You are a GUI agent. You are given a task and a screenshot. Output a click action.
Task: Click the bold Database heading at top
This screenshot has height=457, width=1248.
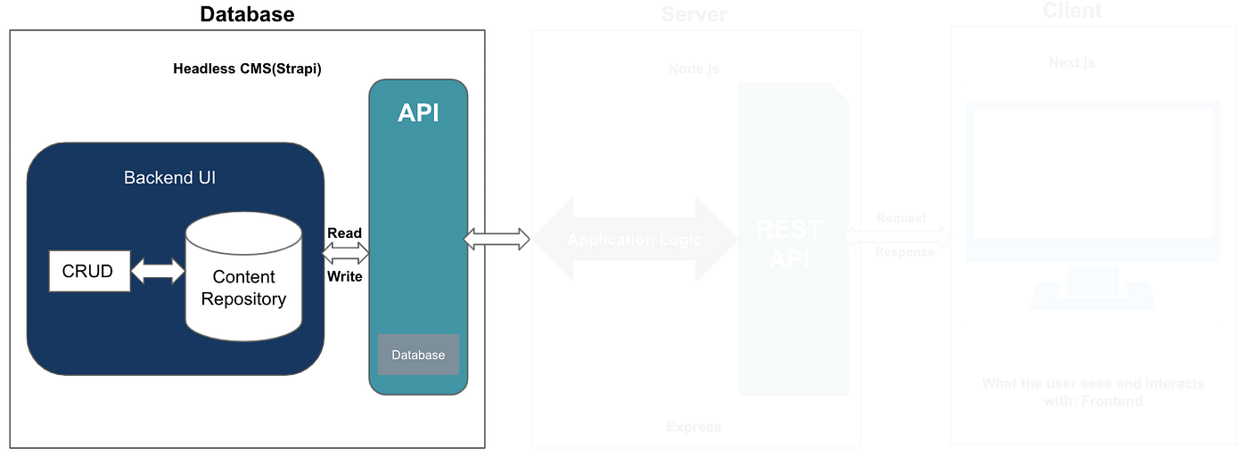tap(247, 14)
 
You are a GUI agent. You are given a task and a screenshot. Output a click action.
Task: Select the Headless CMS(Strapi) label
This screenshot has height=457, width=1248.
tap(247, 69)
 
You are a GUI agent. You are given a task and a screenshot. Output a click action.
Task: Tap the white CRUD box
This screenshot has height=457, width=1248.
tap(88, 271)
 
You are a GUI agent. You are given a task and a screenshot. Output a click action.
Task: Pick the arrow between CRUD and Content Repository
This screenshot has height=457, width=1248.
tap(158, 272)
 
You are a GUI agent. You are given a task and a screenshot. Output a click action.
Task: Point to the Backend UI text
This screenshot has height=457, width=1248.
tap(169, 178)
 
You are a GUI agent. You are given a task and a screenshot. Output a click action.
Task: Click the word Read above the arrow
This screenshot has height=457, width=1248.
tap(344, 233)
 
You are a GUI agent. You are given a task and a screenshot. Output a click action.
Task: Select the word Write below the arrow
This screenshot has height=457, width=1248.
tap(344, 276)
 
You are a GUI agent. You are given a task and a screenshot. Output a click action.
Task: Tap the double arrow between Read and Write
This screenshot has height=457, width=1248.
tap(345, 255)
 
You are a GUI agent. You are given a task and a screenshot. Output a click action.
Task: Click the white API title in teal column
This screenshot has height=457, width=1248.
tap(418, 114)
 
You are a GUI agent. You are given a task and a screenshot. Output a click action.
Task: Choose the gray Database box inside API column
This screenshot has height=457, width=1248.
tap(418, 355)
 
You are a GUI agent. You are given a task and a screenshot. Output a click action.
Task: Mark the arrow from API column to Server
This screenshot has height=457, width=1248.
tap(497, 238)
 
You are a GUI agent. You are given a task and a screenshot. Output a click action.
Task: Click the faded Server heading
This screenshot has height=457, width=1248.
tap(694, 15)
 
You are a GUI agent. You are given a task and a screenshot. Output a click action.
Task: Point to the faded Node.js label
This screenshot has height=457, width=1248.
tap(694, 69)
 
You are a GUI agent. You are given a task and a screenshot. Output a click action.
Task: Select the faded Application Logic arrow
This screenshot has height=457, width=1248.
tap(635, 240)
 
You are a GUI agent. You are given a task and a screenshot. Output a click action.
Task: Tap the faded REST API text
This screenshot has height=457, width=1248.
tap(788, 243)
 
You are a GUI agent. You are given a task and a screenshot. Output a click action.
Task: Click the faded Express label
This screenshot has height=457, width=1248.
tap(694, 427)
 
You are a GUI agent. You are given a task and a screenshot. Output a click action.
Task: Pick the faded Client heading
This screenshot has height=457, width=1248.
tap(1072, 12)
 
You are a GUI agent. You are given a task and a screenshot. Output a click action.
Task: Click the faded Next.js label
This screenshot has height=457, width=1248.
tap(1072, 63)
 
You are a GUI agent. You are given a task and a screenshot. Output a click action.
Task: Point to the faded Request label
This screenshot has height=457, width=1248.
tap(901, 218)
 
